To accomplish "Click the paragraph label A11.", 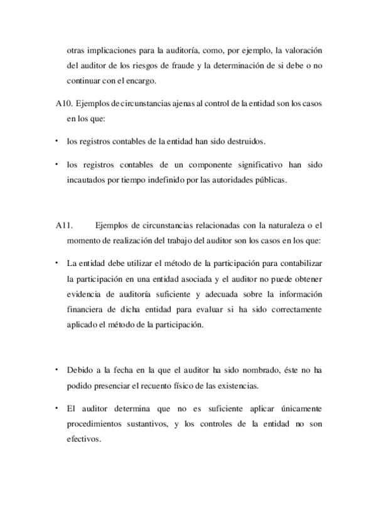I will (x=63, y=226).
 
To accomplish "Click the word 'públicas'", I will (x=270, y=180).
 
